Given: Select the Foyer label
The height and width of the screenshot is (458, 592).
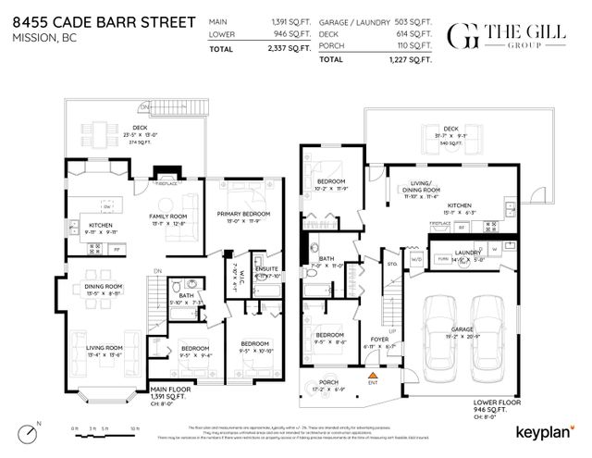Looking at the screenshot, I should (379, 339).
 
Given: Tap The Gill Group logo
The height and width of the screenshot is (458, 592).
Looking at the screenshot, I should (503, 37).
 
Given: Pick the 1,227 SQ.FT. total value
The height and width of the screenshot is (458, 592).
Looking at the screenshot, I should (407, 58).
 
